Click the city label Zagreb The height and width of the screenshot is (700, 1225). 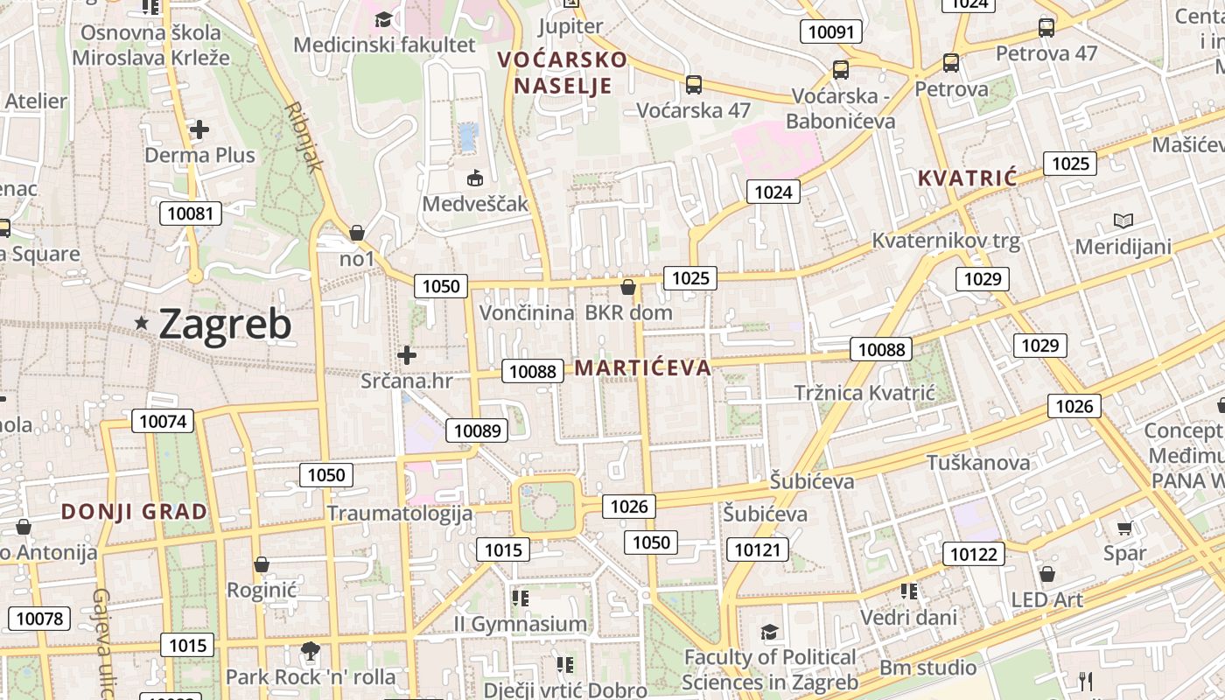click(x=225, y=324)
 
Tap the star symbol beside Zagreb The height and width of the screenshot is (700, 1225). click(x=142, y=324)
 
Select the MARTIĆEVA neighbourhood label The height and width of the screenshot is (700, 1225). click(x=643, y=367)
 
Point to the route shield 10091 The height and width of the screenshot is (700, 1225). click(x=831, y=32)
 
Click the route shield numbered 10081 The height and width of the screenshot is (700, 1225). click(x=191, y=213)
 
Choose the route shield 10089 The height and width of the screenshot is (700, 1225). click(x=477, y=430)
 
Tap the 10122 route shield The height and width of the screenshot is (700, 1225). click(x=973, y=554)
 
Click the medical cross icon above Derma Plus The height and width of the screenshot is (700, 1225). click(x=199, y=130)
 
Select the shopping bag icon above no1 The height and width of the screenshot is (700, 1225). click(x=357, y=233)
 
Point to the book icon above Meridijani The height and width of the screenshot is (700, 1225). click(x=1123, y=220)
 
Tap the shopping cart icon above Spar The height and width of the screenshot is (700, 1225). click(x=1124, y=528)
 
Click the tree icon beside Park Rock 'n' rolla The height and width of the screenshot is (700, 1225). click(x=309, y=650)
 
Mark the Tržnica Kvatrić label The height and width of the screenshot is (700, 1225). click(x=864, y=393)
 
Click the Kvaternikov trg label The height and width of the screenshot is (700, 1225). click(x=946, y=241)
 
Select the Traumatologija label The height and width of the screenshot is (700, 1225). click(x=400, y=514)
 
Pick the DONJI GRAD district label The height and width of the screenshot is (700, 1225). click(x=135, y=512)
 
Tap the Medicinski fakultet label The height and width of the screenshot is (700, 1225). click(x=385, y=45)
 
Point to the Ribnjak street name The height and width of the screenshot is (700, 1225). click(x=304, y=136)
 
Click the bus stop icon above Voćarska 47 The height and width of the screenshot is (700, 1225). click(x=694, y=85)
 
